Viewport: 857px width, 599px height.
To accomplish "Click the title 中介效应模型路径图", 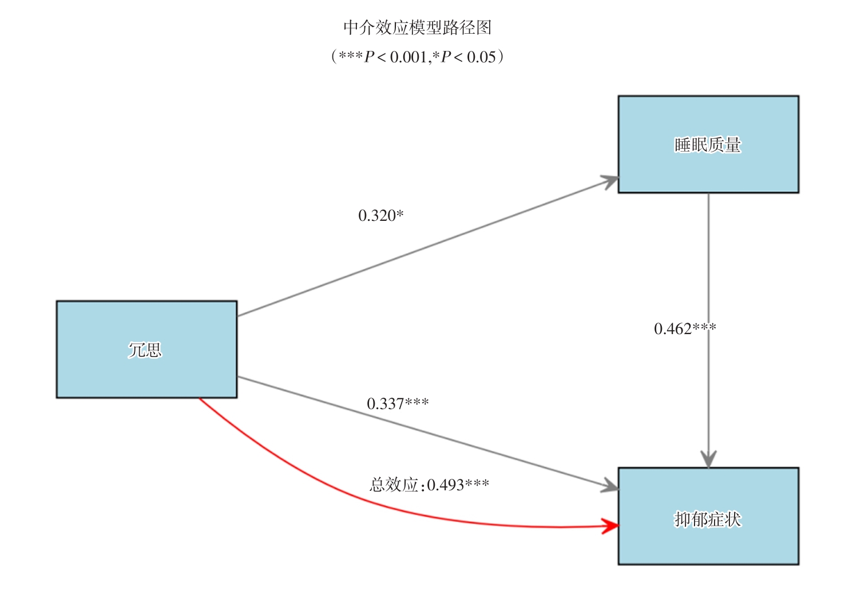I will [417, 27].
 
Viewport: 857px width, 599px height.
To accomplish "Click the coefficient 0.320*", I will [380, 216].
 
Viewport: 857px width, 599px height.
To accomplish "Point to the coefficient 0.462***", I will [684, 328].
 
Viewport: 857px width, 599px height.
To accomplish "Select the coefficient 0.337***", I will [398, 403].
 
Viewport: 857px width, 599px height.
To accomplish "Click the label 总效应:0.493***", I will [429, 485].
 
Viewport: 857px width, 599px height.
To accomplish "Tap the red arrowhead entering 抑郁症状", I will [611, 526].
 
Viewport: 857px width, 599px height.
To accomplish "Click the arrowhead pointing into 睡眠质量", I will [610, 181].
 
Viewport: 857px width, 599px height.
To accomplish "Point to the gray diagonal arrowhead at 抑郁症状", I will [610, 487].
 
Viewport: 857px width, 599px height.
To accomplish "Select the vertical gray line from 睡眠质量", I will [708, 257].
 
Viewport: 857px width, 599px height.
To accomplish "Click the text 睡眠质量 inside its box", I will [708, 145].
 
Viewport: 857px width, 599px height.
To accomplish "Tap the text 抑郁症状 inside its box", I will [708, 519].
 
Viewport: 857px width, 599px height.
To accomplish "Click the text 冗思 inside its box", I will [145, 350].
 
